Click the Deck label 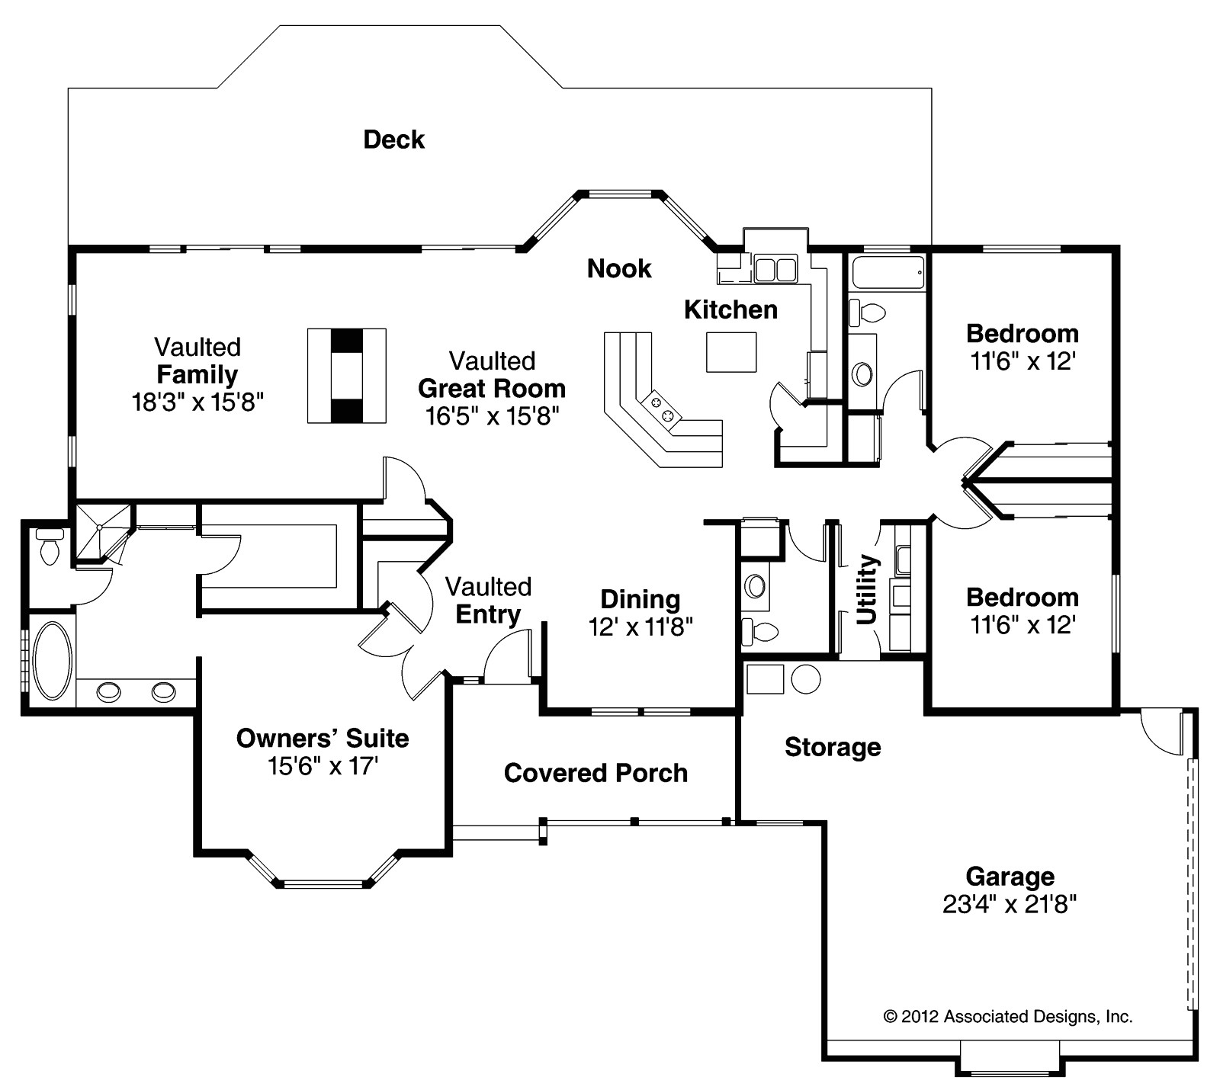pos(393,139)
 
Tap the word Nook pos(619,268)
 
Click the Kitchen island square pos(731,352)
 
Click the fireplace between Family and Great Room pos(347,375)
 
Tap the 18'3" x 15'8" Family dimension pos(197,402)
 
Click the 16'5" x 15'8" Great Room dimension pos(492,415)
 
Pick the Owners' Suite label pos(323,738)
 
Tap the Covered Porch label pos(596,773)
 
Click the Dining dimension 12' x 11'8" pos(640,627)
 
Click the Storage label pos(833,747)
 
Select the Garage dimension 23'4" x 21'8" pos(1010,904)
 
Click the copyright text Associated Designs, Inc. pos(1007,1016)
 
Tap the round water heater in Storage pos(806,678)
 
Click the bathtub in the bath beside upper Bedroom pos(888,272)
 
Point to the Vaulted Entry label pos(488,601)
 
